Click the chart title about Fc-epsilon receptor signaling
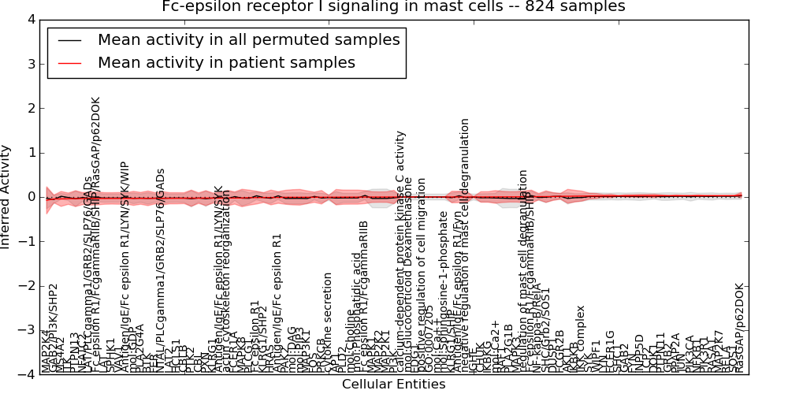point(393,7)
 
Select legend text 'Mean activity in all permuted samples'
point(248,39)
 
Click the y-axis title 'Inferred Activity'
point(7,197)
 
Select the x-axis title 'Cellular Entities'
point(393,385)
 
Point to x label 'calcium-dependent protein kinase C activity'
point(401,252)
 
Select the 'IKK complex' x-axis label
point(582,337)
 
